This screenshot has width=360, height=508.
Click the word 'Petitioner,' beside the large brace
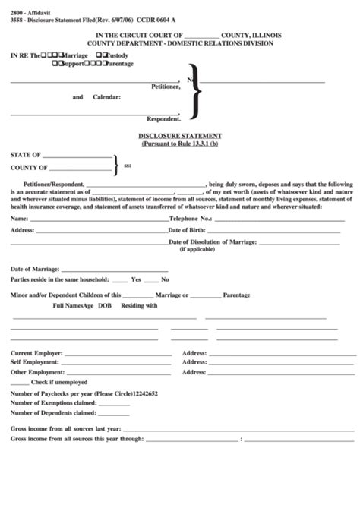coord(166,87)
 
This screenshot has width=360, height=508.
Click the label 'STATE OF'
coord(26,154)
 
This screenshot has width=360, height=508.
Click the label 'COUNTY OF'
coord(29,167)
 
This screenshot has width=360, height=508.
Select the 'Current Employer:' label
coord(37,353)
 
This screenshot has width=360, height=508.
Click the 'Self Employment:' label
coord(36,363)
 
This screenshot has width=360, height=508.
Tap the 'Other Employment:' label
coord(38,372)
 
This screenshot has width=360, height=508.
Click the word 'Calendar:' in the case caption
coord(106,97)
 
